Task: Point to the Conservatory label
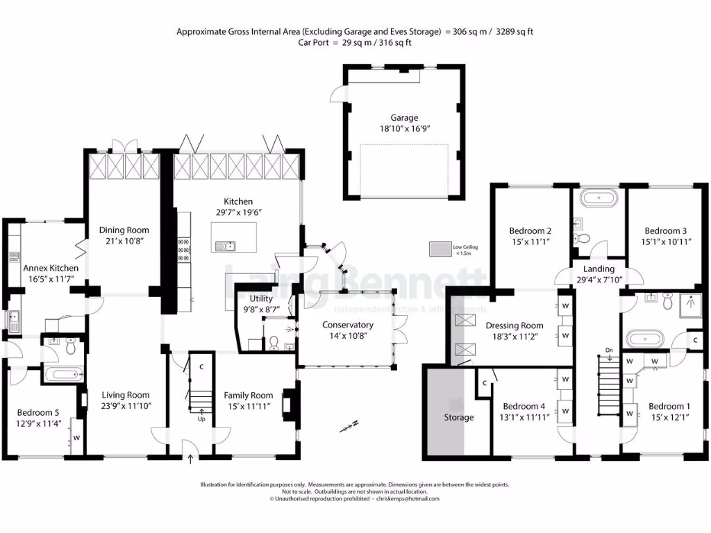point(347,325)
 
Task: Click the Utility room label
point(262,298)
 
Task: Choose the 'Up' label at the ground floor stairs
point(202,419)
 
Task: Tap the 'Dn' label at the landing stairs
point(609,349)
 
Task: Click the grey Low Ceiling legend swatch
point(440,248)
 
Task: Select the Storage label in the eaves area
point(458,417)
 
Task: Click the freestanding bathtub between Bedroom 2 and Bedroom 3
point(599,198)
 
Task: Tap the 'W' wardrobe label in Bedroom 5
point(76,438)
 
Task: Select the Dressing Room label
point(514,325)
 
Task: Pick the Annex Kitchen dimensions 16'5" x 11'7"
point(50,279)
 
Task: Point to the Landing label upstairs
point(599,269)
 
